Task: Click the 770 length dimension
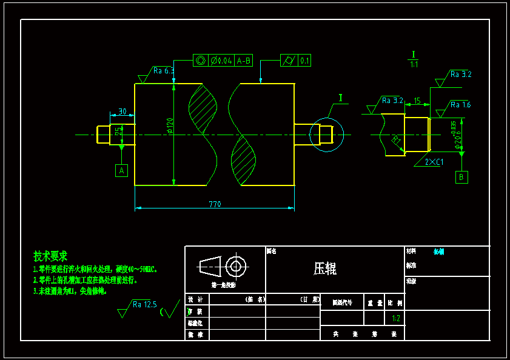pos(215,204)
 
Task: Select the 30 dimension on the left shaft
pos(122,112)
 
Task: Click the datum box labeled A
pos(122,171)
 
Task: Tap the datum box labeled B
pos(462,177)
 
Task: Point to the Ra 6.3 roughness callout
pos(163,71)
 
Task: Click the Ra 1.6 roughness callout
pos(460,105)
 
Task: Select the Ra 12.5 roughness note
pos(144,304)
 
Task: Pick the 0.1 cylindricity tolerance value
pos(304,61)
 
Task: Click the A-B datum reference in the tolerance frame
pos(244,61)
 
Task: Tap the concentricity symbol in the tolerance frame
pos(201,61)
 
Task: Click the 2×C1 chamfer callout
pos(433,162)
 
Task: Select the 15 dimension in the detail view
pos(417,101)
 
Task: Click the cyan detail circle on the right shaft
pos(326,134)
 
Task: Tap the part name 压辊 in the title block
pos(325,268)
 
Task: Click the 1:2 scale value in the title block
pos(395,318)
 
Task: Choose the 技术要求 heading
pos(50,256)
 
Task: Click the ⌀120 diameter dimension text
pos(169,125)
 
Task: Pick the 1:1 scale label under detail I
pos(414,64)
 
